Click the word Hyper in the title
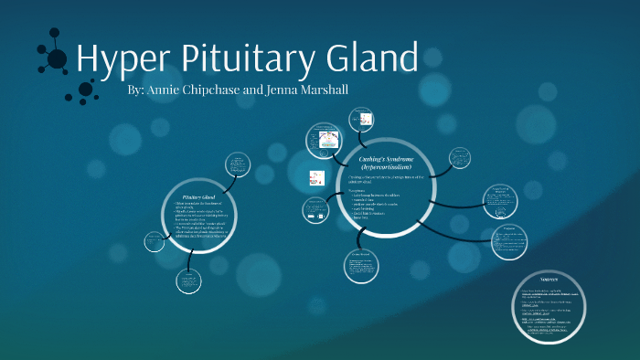(116, 59)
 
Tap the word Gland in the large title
(371, 59)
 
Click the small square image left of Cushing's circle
(316, 178)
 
